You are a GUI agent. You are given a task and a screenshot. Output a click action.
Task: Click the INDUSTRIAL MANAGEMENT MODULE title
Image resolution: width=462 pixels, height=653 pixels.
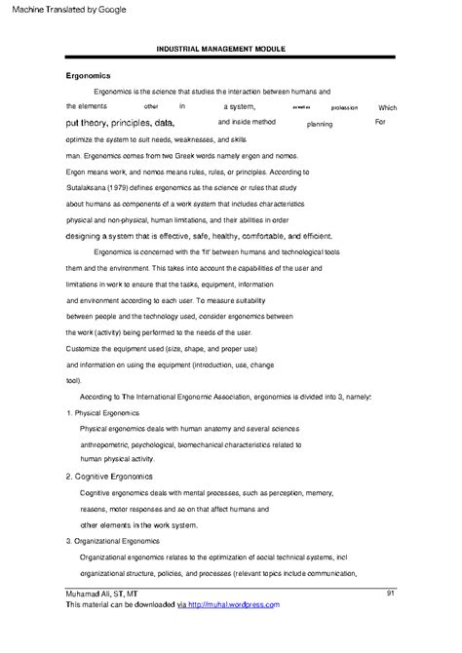point(229,49)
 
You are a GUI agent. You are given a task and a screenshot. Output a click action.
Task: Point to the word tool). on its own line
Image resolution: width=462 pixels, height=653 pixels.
point(74,380)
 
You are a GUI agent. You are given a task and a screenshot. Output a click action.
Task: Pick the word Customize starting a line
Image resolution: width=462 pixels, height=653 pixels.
point(87,349)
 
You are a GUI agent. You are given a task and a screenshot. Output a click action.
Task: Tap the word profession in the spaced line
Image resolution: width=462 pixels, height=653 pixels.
point(344,108)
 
